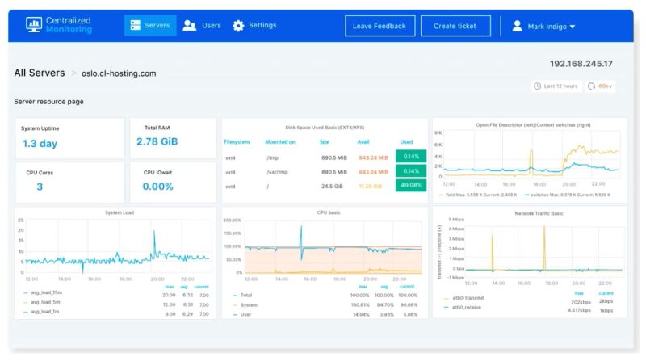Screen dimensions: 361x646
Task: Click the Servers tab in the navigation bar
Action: click(149, 26)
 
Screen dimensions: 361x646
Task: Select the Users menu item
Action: click(202, 26)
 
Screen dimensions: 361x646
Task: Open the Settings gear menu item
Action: click(254, 26)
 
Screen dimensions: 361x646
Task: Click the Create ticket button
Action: click(455, 26)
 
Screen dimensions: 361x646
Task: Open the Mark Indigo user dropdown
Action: click(543, 27)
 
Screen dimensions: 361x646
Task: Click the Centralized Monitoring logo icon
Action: click(33, 26)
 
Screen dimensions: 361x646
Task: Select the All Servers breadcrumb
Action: click(40, 73)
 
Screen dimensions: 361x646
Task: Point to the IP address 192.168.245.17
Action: click(581, 64)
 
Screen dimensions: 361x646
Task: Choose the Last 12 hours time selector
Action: click(556, 86)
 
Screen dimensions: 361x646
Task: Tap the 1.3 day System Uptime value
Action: click(40, 144)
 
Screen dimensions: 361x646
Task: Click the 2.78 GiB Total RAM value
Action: click(157, 142)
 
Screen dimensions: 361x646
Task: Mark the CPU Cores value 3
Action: click(39, 187)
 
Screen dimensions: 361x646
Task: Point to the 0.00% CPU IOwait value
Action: click(158, 187)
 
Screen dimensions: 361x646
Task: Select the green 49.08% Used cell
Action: click(410, 187)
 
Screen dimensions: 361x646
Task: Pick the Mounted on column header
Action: click(280, 141)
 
